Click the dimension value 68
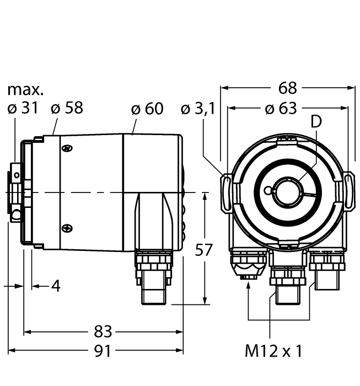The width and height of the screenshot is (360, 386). [288, 88]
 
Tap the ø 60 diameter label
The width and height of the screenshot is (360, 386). [147, 109]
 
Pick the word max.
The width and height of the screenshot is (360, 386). [25, 89]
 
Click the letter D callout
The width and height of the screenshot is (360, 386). [315, 122]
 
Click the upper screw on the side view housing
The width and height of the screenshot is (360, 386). [67, 148]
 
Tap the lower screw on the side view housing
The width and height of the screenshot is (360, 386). [67, 226]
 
